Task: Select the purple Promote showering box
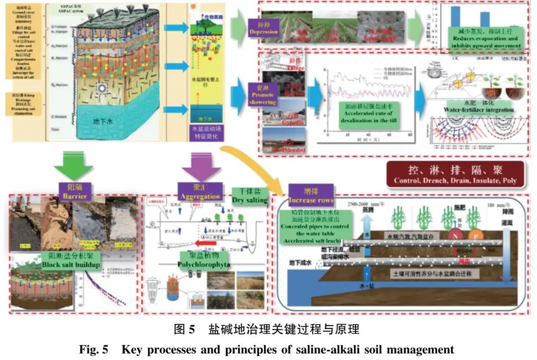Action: click(263, 94)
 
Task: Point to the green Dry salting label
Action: click(250, 196)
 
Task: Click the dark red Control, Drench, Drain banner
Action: click(455, 175)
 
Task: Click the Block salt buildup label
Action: click(71, 261)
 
